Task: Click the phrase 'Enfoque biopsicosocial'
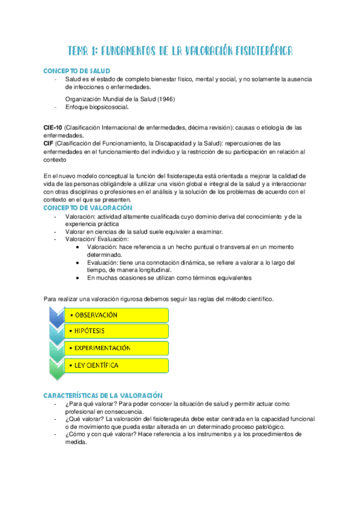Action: tap(96, 107)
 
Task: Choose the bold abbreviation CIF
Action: tap(49, 144)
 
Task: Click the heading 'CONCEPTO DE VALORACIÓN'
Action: tap(88, 207)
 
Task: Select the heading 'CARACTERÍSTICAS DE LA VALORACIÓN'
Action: tap(103, 395)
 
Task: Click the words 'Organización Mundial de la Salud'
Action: tap(108, 99)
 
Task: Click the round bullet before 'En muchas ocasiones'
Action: tap(79, 278)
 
